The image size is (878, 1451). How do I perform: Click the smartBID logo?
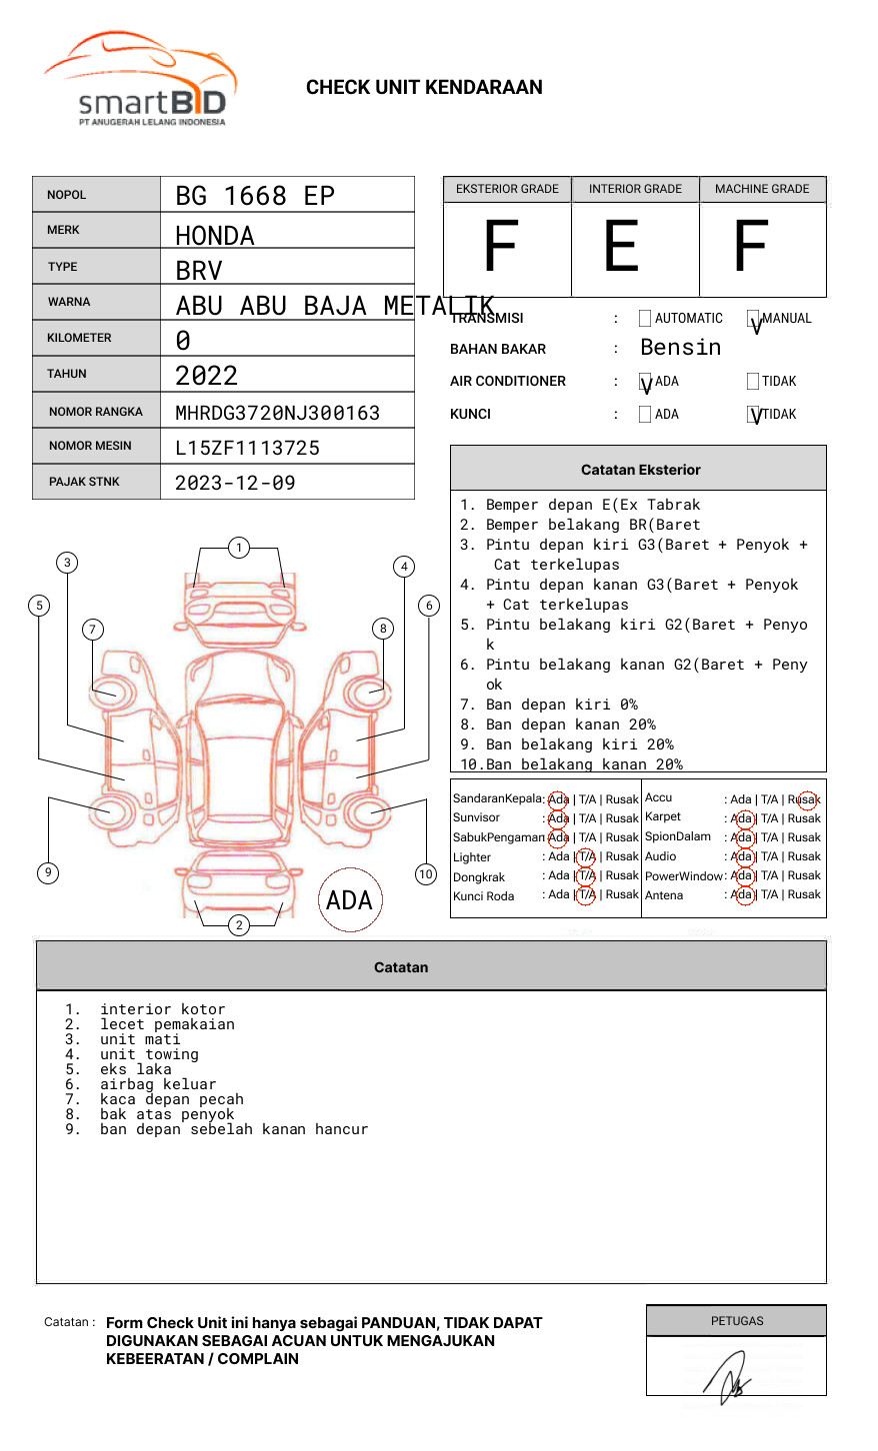pyautogui.click(x=140, y=80)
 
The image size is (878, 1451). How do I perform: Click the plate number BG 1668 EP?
pyautogui.click(x=255, y=196)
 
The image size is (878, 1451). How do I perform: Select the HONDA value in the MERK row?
pyautogui.click(x=215, y=236)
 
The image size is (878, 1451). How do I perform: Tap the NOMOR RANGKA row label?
pyautogui.click(x=96, y=412)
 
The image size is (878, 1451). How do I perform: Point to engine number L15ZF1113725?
pyautogui.click(x=247, y=448)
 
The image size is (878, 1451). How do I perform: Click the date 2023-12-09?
pyautogui.click(x=235, y=483)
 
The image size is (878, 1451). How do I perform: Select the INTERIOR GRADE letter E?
pyautogui.click(x=621, y=247)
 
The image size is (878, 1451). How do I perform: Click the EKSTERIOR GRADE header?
pyautogui.click(x=507, y=189)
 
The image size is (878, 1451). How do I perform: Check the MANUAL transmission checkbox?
pyautogui.click(x=754, y=319)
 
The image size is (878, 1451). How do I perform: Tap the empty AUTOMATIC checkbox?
pyautogui.click(x=645, y=319)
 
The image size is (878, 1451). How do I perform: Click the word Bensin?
pyautogui.click(x=680, y=348)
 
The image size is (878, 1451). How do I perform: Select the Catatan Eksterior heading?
pyautogui.click(x=640, y=470)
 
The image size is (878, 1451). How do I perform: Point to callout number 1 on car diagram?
pyautogui.click(x=238, y=548)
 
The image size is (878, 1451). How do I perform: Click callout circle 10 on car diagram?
pyautogui.click(x=426, y=874)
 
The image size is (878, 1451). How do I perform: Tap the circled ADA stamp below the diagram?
pyautogui.click(x=350, y=900)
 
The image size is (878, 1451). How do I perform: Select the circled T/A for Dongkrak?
pyautogui.click(x=587, y=875)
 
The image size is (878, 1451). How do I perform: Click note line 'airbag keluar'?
pyautogui.click(x=157, y=1084)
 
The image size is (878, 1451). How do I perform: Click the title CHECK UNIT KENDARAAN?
pyautogui.click(x=424, y=88)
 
